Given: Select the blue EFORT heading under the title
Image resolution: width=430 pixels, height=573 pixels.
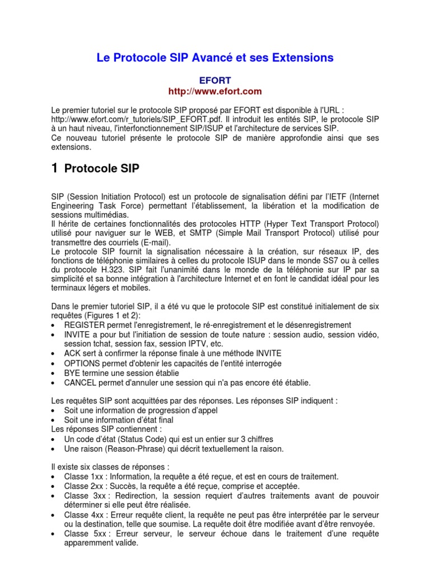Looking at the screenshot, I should click(216, 81).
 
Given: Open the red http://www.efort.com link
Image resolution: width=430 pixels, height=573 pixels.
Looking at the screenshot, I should click(215, 91).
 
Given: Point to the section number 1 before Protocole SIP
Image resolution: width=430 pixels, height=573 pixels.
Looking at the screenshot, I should click(54, 168).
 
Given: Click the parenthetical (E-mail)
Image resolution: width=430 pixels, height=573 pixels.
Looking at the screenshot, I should click(151, 242).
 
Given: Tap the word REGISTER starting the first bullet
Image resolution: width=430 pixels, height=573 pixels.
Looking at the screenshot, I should click(83, 325).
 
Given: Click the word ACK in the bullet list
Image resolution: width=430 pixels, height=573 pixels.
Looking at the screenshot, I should click(73, 353).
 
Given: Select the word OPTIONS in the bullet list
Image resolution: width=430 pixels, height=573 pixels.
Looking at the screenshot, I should click(82, 363).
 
